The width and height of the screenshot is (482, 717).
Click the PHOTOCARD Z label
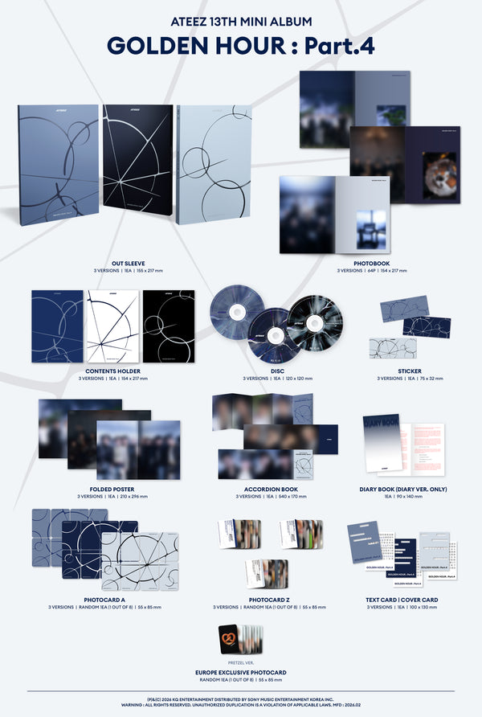pos(264,599)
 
